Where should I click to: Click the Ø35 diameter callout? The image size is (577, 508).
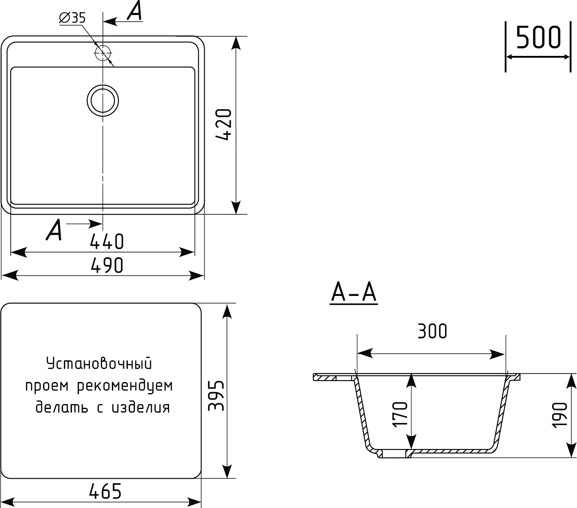(x=72, y=18)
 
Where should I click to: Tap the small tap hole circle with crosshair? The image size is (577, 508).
(x=103, y=53)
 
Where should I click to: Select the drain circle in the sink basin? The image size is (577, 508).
(x=103, y=100)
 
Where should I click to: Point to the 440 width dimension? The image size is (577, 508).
(x=107, y=242)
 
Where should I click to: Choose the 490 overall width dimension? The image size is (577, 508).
(x=107, y=266)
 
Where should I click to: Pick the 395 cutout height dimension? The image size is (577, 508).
(x=217, y=395)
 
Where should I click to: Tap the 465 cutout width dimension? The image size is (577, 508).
(x=105, y=491)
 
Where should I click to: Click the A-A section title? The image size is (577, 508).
(x=354, y=293)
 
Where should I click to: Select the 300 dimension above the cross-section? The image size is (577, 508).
(x=432, y=331)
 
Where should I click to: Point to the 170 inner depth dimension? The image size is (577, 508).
(x=400, y=413)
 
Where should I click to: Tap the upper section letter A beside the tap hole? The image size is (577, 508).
(x=134, y=12)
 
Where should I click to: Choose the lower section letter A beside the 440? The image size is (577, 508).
(x=54, y=230)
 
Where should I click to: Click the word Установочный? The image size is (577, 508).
(x=99, y=363)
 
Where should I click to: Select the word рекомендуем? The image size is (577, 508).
(x=125, y=386)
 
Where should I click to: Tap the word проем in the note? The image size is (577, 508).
(x=47, y=386)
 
